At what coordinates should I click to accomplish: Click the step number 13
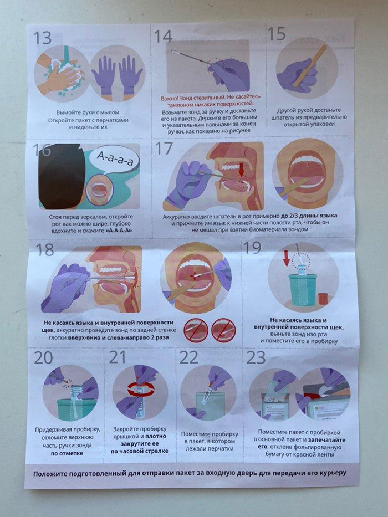coord(43,38)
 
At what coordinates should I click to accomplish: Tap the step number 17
coord(164,149)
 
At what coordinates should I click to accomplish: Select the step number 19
coord(252,247)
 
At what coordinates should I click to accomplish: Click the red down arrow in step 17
coord(242,169)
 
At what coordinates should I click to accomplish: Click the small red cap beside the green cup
coord(323,299)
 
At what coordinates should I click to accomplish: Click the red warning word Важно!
coord(170,98)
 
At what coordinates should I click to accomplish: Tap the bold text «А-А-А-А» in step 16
coord(118,231)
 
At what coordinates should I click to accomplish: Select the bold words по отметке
coord(67,453)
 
